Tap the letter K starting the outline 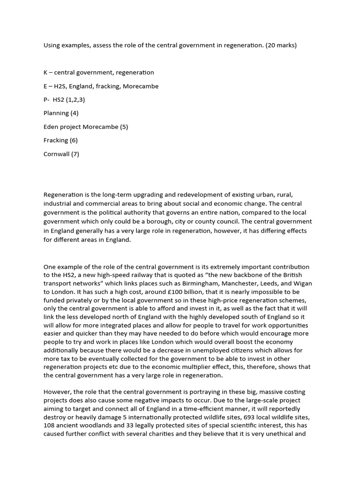click(x=45, y=73)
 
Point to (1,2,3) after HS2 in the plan click(x=76, y=100)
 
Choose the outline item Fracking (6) click(x=60, y=140)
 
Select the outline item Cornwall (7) click(x=61, y=154)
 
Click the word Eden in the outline click(x=51, y=127)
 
